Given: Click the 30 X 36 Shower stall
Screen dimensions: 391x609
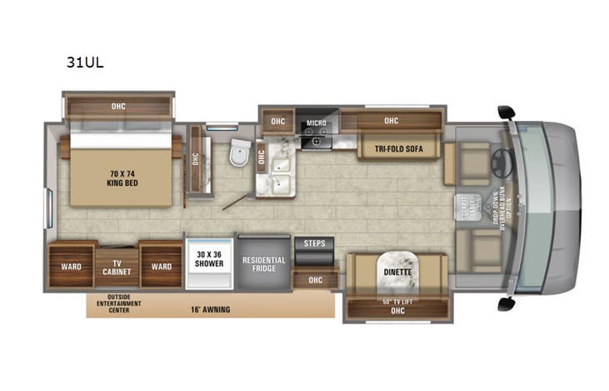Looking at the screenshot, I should tap(208, 259).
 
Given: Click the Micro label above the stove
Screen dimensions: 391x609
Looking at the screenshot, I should tap(316, 123).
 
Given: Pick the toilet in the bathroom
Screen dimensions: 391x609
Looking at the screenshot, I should tap(239, 152).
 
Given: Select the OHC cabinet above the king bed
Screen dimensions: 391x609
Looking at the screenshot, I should tap(118, 106).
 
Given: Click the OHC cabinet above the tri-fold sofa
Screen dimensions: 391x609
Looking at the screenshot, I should tap(392, 120).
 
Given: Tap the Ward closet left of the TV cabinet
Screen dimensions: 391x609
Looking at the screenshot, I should tap(71, 267).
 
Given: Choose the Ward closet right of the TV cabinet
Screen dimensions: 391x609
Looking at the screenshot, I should tap(162, 267).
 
